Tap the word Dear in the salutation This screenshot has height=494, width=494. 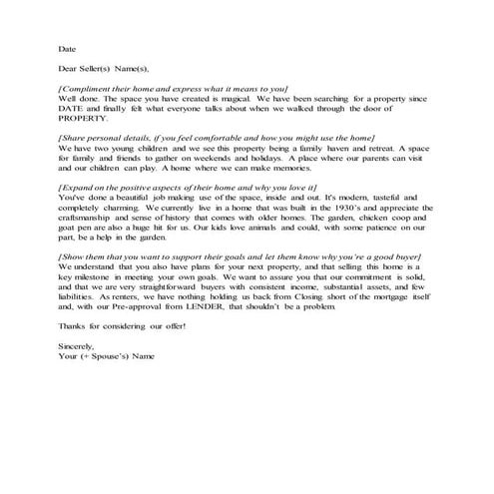click(69, 69)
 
